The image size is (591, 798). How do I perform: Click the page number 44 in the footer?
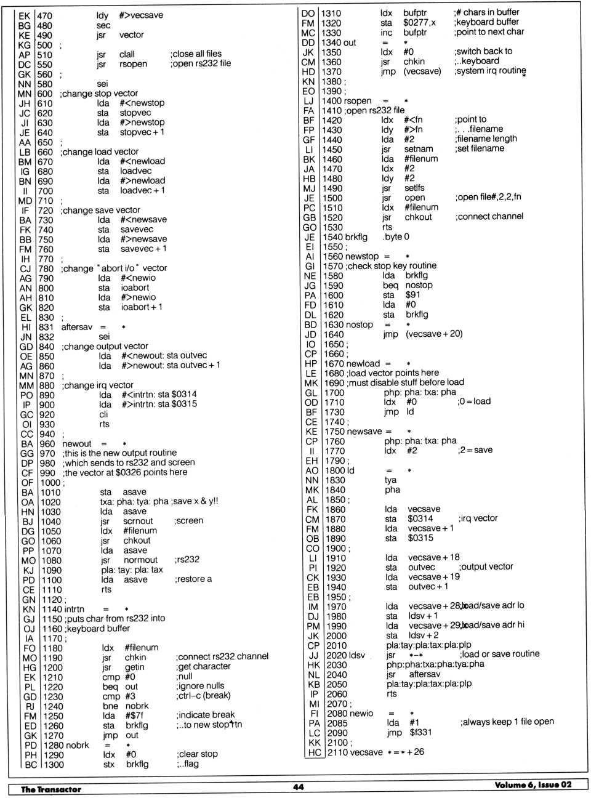(298, 787)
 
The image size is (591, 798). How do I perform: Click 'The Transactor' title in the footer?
(51, 789)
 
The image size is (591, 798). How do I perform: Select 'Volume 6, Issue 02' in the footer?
(533, 785)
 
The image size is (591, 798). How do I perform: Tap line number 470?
(44, 16)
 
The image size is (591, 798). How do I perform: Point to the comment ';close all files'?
(196, 54)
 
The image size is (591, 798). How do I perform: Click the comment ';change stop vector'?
(99, 94)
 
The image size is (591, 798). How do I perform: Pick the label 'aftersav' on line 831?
(76, 327)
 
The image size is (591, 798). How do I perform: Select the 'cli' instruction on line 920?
(103, 414)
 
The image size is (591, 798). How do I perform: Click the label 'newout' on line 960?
(77, 443)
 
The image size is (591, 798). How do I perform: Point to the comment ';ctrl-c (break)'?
(203, 696)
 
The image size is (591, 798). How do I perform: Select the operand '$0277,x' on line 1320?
(419, 23)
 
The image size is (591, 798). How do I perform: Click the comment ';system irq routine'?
(490, 71)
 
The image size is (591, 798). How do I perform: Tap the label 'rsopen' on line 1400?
(358, 100)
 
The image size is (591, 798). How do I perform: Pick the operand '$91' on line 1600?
(412, 295)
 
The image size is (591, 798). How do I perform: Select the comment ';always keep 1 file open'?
(507, 722)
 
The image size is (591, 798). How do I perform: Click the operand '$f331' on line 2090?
(421, 732)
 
